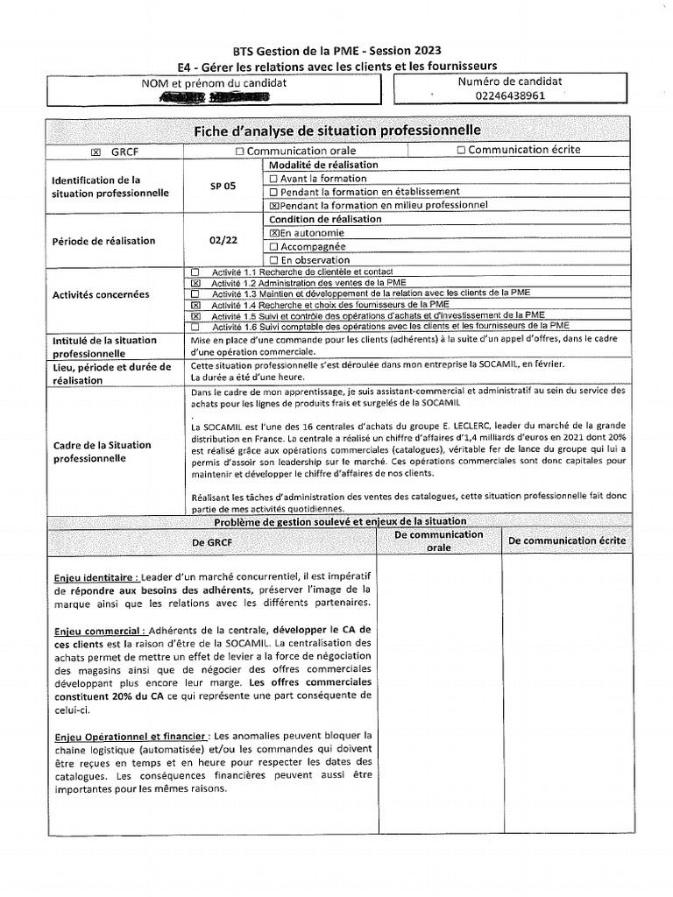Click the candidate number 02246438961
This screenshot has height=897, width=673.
pos(510,95)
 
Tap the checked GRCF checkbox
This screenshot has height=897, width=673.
pos(96,152)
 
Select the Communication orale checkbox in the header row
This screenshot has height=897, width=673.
pos(239,152)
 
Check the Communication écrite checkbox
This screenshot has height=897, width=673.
pos(461,150)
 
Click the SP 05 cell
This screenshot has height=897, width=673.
pos(223,186)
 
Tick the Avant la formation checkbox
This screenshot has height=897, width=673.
pos(273,179)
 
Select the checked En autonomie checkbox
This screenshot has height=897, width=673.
pos(274,234)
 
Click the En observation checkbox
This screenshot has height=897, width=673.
pos(273,260)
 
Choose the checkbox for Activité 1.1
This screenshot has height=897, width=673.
pos(195,272)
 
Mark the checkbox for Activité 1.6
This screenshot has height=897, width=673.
pos(195,326)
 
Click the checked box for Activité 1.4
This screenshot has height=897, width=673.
pos(195,305)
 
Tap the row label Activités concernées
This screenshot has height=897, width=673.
pos(100,295)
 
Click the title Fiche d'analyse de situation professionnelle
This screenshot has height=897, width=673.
pos(337,131)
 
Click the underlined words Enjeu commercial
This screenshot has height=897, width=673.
pos(98,630)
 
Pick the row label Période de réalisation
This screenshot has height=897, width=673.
pos(103,241)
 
